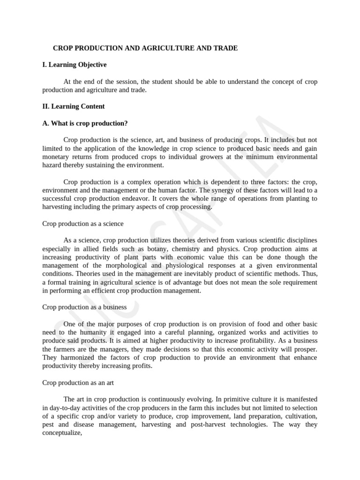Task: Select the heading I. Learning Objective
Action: click(x=75, y=65)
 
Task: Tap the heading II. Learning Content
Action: click(x=74, y=106)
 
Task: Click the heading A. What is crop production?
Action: click(x=85, y=123)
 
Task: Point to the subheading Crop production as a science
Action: click(x=83, y=224)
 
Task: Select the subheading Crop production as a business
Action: click(x=84, y=307)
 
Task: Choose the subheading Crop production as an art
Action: click(x=78, y=382)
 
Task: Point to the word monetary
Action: click(x=56, y=157)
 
